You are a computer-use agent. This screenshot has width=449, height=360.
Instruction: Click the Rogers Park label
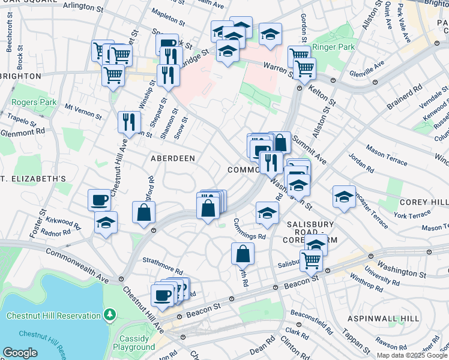click(34, 102)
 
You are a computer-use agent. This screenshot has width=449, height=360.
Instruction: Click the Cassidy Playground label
click(133, 343)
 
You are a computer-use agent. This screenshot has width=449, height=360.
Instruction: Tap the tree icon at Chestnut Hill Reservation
click(109, 315)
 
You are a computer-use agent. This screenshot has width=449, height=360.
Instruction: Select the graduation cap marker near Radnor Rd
click(106, 222)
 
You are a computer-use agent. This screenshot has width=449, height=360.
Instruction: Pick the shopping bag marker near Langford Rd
click(144, 212)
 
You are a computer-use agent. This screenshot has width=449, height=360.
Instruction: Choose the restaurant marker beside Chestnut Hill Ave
click(129, 122)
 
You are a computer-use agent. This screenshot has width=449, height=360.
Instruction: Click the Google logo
click(20, 353)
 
